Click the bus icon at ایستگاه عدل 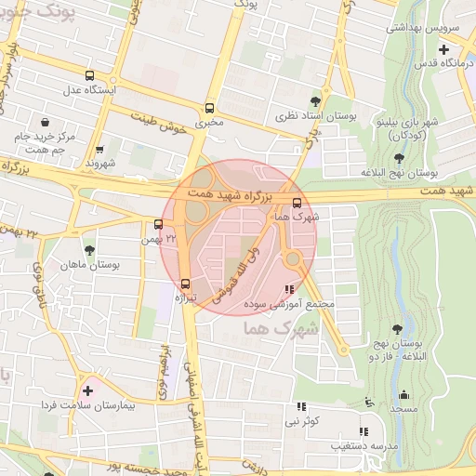[89, 76]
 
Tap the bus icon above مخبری [209, 107]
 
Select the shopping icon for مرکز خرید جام [45, 122]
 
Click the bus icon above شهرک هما [297, 203]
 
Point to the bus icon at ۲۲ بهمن [159, 224]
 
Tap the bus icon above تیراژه [184, 284]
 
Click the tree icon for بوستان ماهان [89, 250]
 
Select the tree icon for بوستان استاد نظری [316, 101]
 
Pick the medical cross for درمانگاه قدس [444, 49]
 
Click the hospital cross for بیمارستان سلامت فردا [88, 390]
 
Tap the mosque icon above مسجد [403, 394]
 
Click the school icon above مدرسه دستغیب [364, 431]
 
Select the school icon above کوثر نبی [300, 406]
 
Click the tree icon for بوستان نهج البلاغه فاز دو [397, 329]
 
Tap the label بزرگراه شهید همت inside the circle [227, 194]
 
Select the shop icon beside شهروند [99, 149]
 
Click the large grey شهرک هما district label [279, 328]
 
